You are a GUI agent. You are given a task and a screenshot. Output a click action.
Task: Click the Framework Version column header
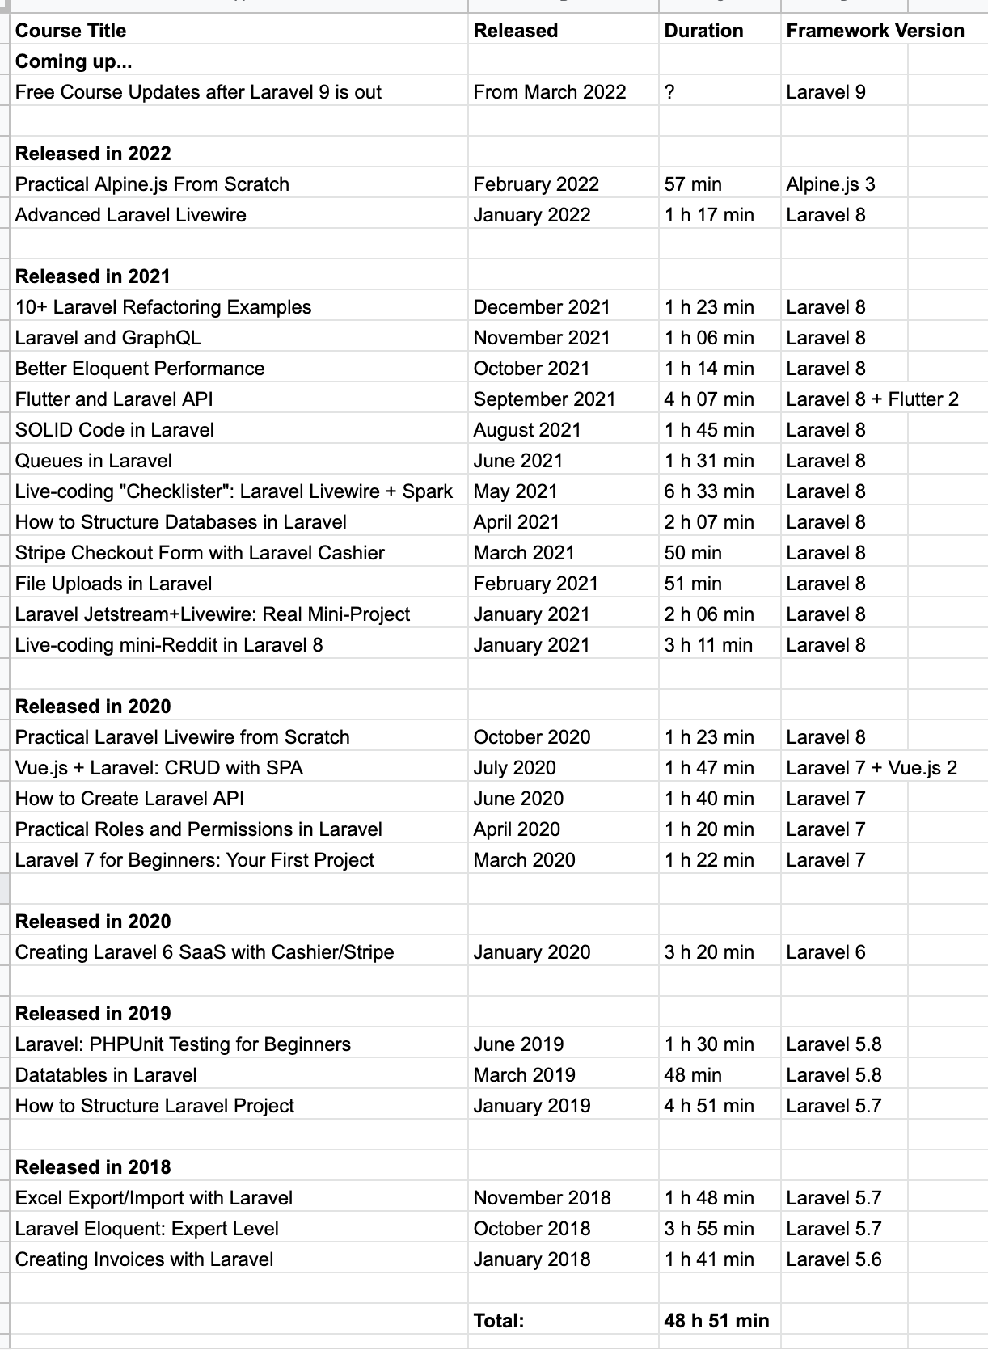(875, 31)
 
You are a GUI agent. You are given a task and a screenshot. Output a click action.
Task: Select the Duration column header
(703, 31)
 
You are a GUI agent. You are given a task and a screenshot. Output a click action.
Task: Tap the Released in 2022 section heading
(93, 154)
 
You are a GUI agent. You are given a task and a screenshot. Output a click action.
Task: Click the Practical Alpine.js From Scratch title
(152, 184)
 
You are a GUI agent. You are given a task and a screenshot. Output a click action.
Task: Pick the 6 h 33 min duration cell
(709, 491)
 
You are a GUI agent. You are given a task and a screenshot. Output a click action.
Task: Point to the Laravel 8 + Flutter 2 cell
(872, 399)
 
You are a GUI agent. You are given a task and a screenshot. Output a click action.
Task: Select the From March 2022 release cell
(550, 92)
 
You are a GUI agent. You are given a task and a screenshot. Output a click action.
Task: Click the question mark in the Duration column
(669, 92)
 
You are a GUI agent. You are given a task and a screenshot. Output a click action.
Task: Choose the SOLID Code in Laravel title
(115, 430)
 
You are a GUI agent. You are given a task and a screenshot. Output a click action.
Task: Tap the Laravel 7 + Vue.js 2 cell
(872, 768)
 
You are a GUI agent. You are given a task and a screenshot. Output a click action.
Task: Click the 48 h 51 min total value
(716, 1321)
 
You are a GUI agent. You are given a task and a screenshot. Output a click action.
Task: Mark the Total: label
(499, 1321)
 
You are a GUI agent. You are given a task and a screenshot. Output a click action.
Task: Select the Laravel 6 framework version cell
(825, 952)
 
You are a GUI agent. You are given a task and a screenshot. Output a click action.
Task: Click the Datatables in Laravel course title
(106, 1075)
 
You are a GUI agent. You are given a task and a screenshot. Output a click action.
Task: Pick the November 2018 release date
(542, 1198)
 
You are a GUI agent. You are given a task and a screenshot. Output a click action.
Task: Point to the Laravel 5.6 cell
(834, 1259)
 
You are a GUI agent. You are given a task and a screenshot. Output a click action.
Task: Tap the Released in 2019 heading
(93, 1014)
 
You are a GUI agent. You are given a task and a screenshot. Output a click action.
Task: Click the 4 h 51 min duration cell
(709, 1106)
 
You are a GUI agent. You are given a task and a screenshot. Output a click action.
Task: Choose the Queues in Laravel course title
(94, 461)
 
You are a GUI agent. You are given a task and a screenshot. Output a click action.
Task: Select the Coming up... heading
(74, 61)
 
